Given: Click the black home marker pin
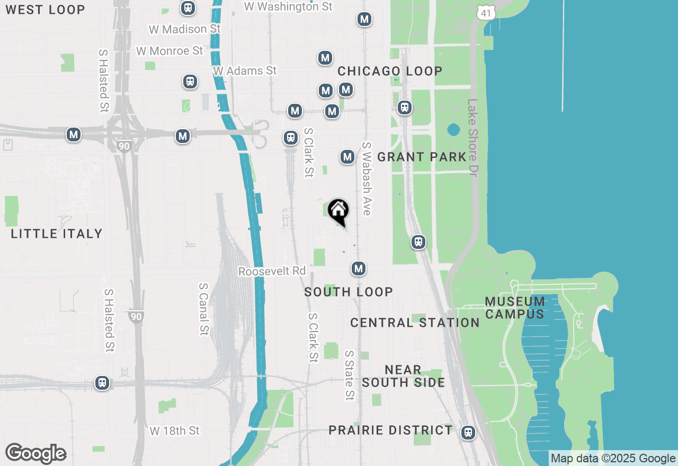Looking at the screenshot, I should click(338, 210).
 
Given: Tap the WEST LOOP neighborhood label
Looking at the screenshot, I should click(45, 10).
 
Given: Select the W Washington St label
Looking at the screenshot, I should click(288, 6).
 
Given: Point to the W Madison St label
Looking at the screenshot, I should click(177, 29).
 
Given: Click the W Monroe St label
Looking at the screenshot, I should click(169, 51).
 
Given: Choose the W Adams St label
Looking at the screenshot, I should click(245, 70).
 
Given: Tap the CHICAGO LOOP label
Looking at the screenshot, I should click(390, 71).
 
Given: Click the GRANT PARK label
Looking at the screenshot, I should click(422, 157).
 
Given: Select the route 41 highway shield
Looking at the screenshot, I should click(486, 12).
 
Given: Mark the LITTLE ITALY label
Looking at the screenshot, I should click(56, 234).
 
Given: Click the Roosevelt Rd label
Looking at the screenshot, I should click(272, 271).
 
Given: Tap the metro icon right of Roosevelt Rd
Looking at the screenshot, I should click(359, 269).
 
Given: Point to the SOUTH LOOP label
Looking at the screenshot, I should click(349, 292).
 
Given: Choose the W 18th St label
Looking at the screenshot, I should click(174, 431).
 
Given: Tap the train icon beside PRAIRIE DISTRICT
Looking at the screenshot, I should click(467, 432).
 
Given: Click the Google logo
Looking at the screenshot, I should click(35, 454).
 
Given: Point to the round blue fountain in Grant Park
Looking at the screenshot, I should click(453, 130).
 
